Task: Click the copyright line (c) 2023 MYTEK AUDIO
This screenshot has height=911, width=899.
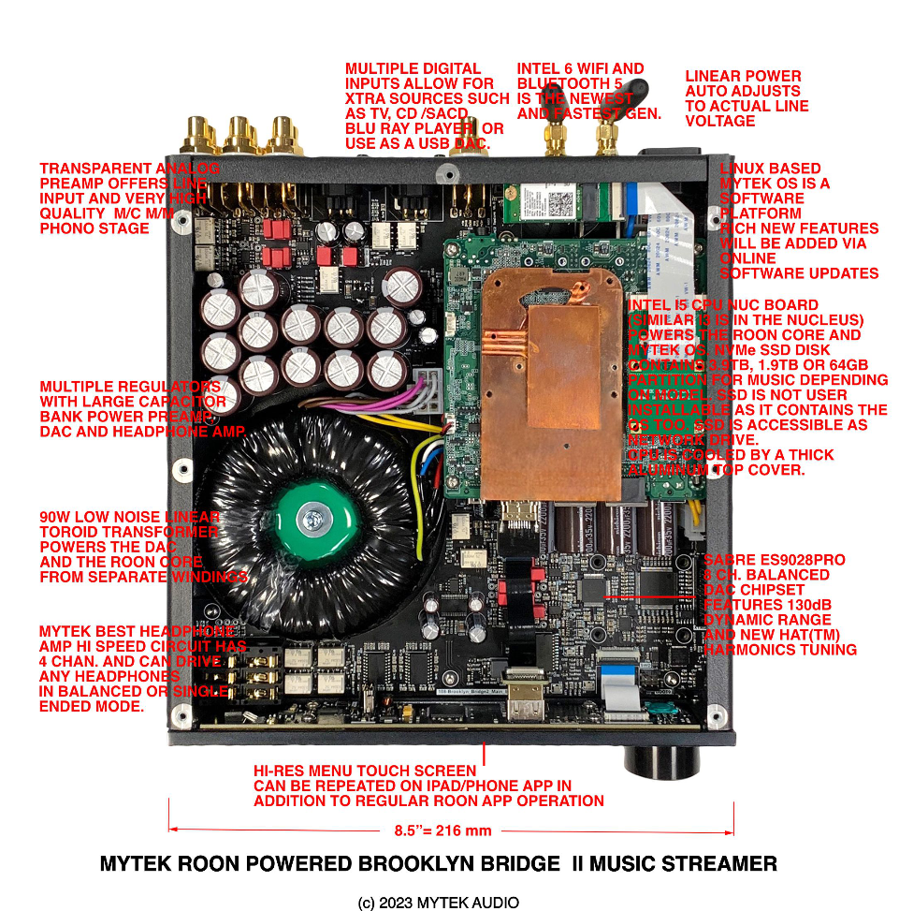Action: tap(439, 903)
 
